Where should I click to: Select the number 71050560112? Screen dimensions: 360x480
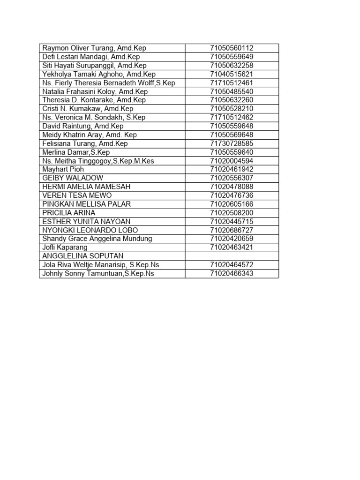232,48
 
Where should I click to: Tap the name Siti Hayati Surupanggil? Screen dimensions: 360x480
94,66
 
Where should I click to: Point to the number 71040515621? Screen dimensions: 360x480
232,74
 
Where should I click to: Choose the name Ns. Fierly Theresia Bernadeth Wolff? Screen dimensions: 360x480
108,83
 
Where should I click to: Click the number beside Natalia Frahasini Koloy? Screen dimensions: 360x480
232,91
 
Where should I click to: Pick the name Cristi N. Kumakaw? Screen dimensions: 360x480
88,109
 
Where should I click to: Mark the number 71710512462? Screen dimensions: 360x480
232,117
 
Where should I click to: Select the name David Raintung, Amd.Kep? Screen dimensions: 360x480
83,126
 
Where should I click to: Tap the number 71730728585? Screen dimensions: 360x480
232,143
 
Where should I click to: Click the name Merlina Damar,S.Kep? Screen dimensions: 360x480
76,152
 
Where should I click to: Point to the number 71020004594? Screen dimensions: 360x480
232,161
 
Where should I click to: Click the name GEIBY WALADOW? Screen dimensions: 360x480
73,178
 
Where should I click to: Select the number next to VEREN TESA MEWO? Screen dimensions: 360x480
232,195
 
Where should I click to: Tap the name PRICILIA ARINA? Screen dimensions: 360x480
68,213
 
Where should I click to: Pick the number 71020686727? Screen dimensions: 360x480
232,230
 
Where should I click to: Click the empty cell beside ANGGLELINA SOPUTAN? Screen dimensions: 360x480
232,256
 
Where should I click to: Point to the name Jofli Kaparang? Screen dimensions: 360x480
65,247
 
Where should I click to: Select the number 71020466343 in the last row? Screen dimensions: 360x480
232,273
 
